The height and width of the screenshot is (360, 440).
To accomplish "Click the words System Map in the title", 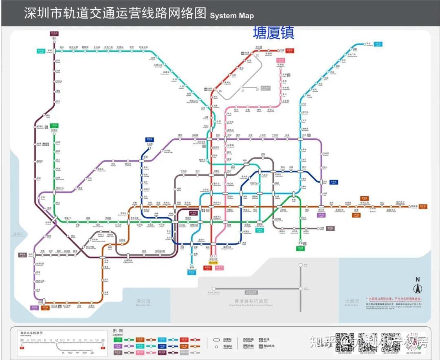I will (x=232, y=15).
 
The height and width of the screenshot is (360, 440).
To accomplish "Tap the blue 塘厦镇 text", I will (x=273, y=32).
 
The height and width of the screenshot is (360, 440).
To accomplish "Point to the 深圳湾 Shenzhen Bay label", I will (x=143, y=302).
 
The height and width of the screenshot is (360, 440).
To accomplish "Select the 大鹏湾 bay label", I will (x=351, y=302).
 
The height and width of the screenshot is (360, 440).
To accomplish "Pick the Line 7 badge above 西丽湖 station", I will (x=150, y=139).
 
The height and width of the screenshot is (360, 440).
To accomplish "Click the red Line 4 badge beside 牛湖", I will (x=290, y=50).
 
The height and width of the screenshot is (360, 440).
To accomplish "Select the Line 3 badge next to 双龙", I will (x=378, y=44).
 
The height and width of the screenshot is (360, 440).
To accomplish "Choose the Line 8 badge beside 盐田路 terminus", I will (x=423, y=206).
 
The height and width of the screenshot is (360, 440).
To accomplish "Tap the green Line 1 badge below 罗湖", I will (x=300, y=248).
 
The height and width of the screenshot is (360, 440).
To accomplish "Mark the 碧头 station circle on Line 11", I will (x=54, y=40).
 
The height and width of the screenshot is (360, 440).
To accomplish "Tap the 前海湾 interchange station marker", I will (x=54, y=219).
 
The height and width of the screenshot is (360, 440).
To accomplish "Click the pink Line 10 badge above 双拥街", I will (x=280, y=60).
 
